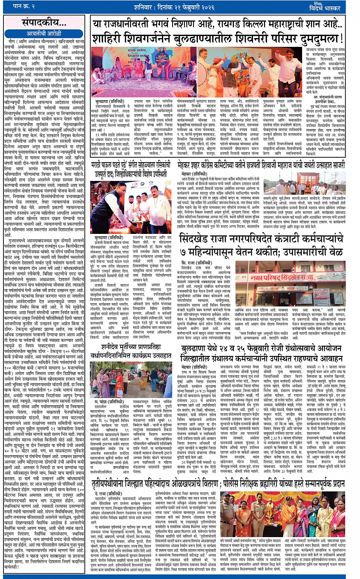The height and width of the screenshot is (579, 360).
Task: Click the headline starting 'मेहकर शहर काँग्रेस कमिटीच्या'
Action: click(262, 165)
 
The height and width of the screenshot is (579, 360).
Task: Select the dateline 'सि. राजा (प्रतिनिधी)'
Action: click(197, 263)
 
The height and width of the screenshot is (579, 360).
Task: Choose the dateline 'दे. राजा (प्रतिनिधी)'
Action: click(109, 494)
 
